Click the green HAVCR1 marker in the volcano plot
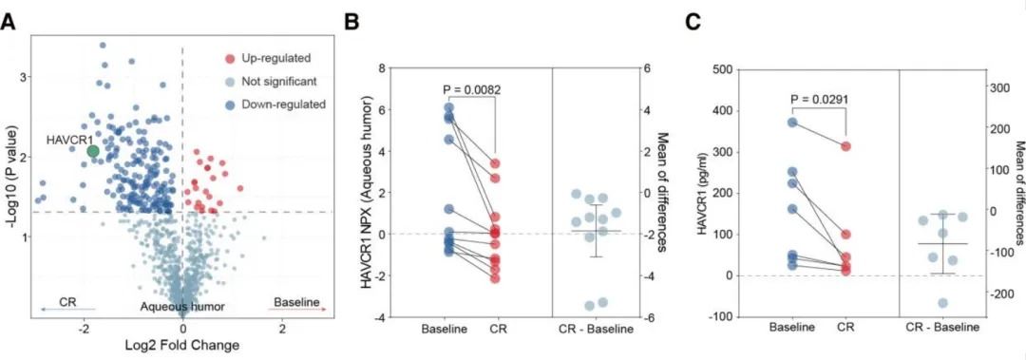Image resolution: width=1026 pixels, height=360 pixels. (x=93, y=151)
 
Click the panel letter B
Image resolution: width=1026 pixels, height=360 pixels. (x=351, y=23)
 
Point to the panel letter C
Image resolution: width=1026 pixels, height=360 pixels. (x=693, y=23)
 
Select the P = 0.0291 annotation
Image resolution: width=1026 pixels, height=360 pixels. (x=819, y=99)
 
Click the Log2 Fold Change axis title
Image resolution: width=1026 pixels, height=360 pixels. (x=181, y=344)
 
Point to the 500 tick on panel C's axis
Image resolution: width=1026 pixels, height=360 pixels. (x=724, y=69)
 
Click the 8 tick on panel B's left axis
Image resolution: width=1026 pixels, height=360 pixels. (x=379, y=68)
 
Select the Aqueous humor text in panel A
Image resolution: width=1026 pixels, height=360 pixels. (x=183, y=306)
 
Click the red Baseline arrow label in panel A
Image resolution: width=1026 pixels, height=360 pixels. (x=296, y=302)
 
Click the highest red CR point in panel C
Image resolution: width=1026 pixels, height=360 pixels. (x=846, y=146)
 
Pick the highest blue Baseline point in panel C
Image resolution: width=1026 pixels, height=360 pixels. (x=791, y=123)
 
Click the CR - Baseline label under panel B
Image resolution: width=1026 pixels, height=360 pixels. (x=596, y=328)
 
